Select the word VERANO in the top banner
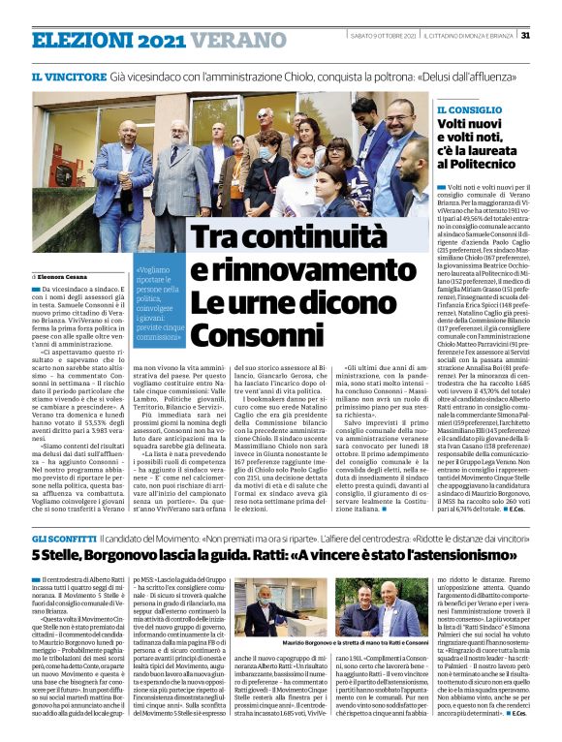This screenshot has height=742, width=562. pos(225,40)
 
